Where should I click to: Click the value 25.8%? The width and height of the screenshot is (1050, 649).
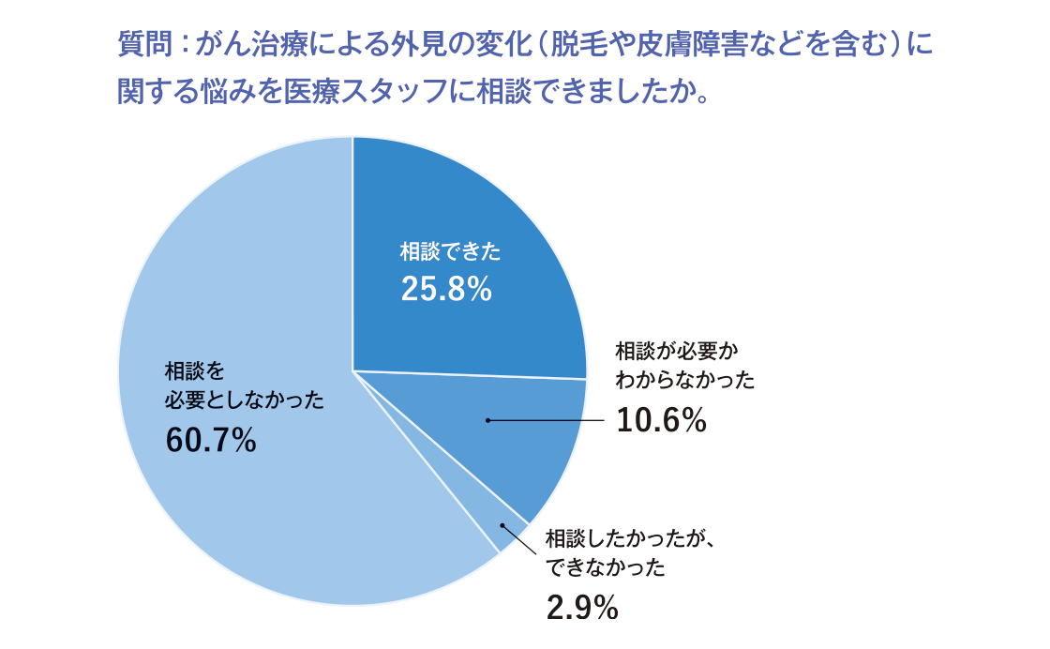pos(446,290)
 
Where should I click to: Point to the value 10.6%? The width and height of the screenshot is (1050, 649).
pos(661,421)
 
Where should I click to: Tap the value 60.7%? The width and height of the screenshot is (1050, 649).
pos(211,439)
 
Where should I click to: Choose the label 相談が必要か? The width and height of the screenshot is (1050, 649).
pos(677,352)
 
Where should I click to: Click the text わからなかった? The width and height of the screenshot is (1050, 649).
pos(684,381)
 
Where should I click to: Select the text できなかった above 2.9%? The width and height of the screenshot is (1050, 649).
pos(606,567)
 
